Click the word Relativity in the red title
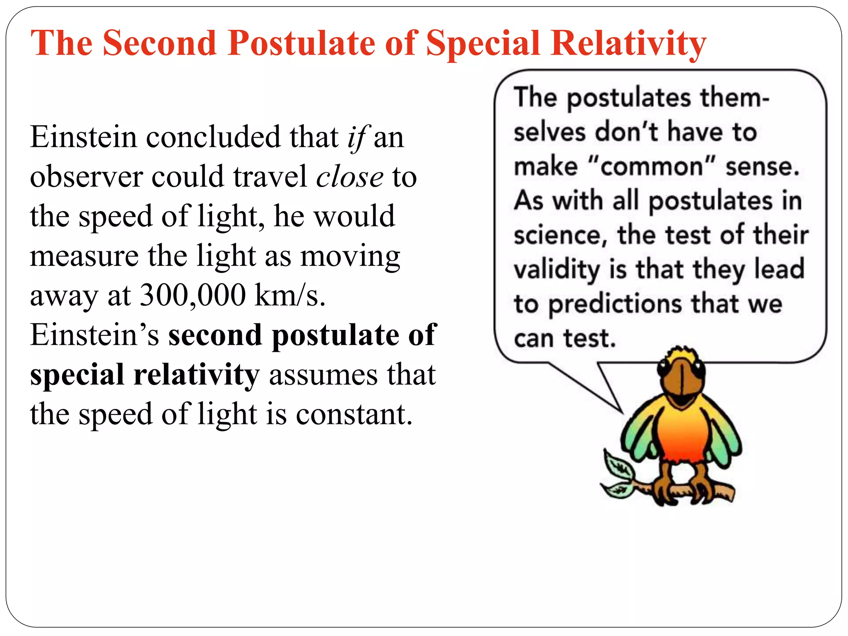(628, 43)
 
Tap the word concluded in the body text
(213, 137)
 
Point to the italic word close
(349, 177)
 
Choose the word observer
(86, 177)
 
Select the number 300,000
(193, 295)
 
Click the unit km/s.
(289, 295)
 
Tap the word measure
(84, 256)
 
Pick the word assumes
(323, 374)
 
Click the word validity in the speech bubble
(556, 270)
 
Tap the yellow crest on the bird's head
(683, 352)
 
